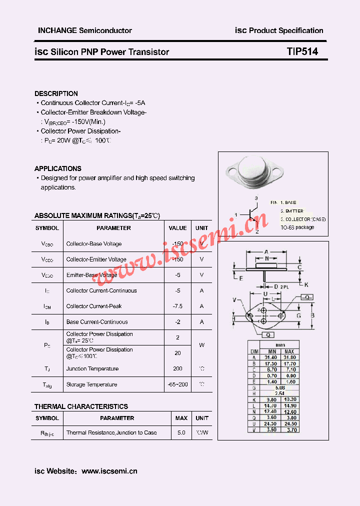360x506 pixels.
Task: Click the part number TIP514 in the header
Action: coord(302,51)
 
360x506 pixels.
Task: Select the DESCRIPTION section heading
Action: coord(56,93)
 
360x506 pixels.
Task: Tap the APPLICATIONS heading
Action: coord(57,168)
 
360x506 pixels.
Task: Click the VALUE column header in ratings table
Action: coord(177,228)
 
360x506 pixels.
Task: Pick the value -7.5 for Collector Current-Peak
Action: coord(177,306)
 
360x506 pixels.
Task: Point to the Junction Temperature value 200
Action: coord(177,368)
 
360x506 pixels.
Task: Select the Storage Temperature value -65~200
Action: coord(177,384)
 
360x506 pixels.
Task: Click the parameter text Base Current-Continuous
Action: coord(97,322)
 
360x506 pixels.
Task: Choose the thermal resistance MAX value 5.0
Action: coord(181,432)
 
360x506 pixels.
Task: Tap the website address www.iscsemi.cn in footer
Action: coord(109,471)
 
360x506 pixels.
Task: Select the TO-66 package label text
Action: coord(297,227)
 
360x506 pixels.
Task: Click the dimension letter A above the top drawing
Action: coord(266,251)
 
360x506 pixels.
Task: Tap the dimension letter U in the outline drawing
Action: coord(265,293)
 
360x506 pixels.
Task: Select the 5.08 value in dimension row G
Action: coord(280,387)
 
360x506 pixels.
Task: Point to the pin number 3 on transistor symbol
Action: coord(256,198)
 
